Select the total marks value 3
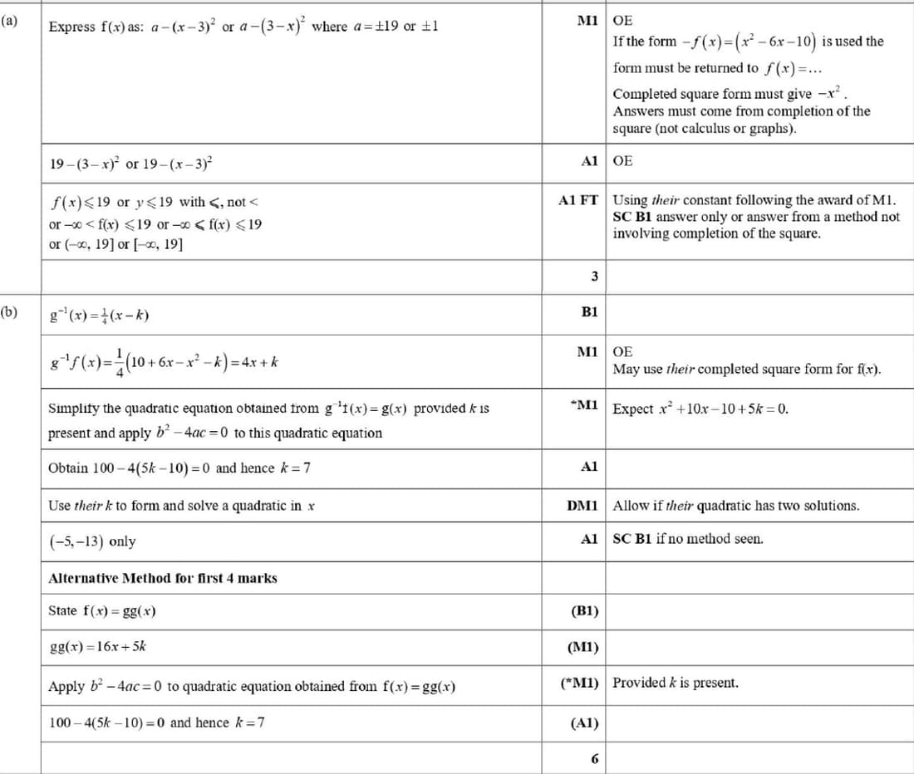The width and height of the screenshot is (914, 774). (594, 276)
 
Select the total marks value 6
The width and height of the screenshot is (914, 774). (594, 758)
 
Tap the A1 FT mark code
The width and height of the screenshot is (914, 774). (579, 200)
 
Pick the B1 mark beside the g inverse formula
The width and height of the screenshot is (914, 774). (590, 312)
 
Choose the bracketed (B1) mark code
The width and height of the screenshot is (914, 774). (585, 611)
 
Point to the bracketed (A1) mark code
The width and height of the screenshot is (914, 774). (585, 723)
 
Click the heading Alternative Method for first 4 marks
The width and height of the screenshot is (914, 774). (163, 578)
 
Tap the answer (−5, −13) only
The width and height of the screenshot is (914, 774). (92, 541)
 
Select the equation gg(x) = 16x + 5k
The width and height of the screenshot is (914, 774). (98, 646)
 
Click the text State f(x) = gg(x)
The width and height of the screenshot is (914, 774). (102, 611)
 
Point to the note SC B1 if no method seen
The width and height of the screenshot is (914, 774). (688, 539)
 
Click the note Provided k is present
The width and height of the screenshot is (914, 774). (676, 683)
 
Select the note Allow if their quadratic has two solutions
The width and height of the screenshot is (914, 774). (736, 505)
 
